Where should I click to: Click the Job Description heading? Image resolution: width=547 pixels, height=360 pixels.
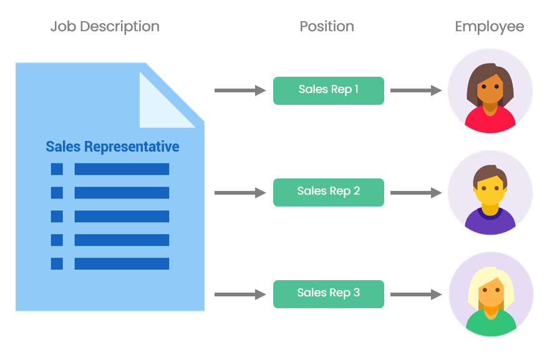[105, 27]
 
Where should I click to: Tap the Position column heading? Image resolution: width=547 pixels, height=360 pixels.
[327, 27]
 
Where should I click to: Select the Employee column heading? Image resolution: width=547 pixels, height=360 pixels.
[489, 27]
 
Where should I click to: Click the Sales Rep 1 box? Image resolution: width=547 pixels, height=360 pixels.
[328, 90]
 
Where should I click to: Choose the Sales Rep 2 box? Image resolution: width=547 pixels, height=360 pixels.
[328, 192]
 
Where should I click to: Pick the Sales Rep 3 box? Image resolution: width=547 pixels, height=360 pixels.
[328, 294]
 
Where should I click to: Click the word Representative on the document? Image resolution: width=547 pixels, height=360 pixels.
[132, 147]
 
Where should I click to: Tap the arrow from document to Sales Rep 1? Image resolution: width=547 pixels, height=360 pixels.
[240, 91]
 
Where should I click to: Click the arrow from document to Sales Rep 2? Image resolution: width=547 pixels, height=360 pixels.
[240, 193]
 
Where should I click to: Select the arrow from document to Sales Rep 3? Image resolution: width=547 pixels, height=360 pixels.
[240, 294]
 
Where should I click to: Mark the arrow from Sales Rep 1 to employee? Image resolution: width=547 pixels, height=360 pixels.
[416, 91]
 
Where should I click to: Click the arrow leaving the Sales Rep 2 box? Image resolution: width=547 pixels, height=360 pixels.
[416, 193]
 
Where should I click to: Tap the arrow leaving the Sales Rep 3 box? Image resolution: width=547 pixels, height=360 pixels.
[416, 294]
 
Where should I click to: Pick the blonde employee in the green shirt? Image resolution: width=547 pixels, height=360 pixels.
[491, 294]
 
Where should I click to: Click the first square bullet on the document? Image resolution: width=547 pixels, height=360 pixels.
[57, 169]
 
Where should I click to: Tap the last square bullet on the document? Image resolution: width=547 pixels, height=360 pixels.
[57, 264]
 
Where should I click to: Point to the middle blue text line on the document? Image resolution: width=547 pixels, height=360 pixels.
[122, 216]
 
